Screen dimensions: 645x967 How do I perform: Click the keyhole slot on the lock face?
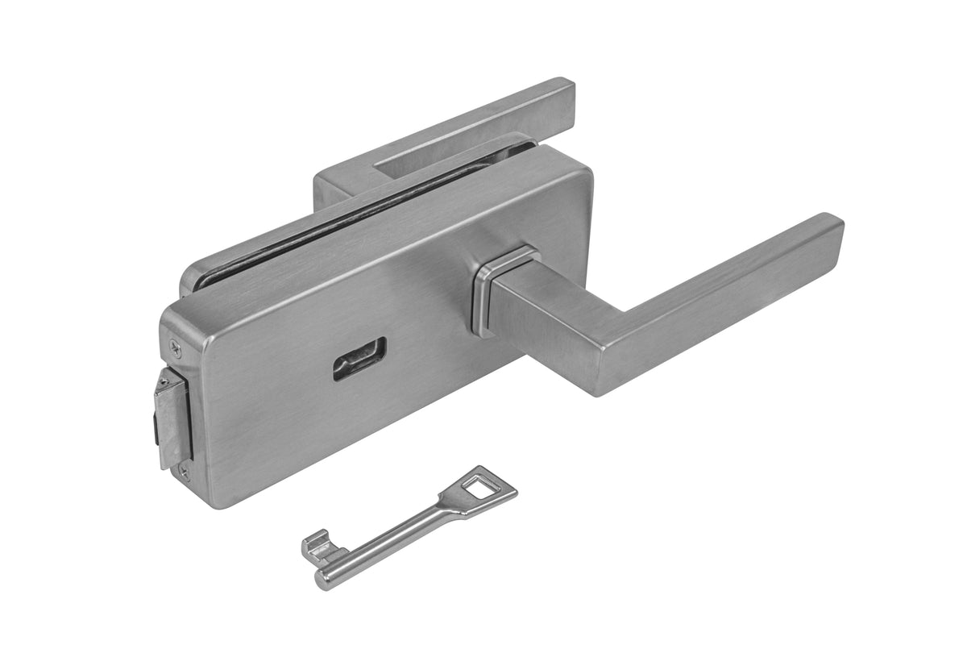(359, 358)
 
